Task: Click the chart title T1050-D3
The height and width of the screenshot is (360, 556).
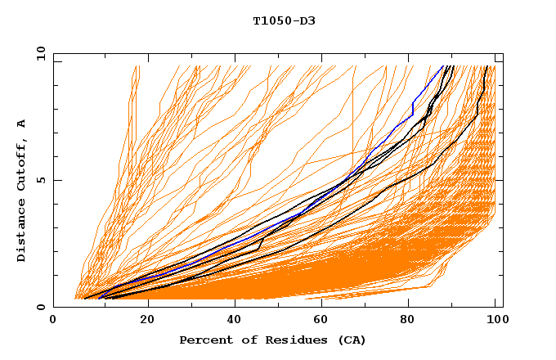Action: (284, 21)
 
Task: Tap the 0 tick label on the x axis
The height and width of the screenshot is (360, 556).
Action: (53, 321)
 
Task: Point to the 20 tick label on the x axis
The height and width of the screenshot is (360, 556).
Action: (142, 321)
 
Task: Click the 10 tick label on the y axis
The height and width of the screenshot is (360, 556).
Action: (40, 53)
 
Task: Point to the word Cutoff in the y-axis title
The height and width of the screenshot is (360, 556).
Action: (22, 165)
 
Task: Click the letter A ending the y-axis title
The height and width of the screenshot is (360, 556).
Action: (22, 123)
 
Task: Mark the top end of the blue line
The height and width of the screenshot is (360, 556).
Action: (442, 66)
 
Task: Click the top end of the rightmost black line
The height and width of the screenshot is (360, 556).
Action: (488, 66)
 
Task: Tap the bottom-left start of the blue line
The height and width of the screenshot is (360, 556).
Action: (98, 299)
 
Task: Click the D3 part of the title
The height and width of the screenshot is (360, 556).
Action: (307, 21)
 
